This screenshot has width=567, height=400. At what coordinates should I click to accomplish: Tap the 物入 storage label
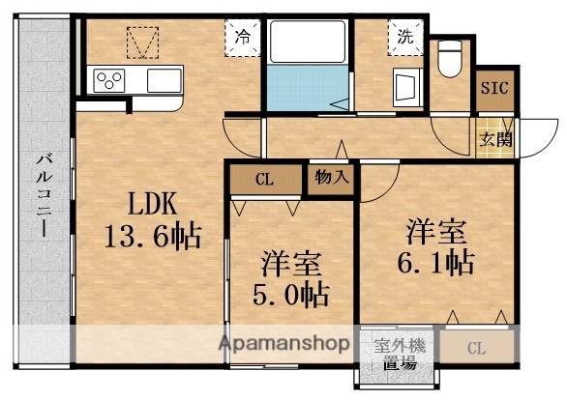coord(330,178)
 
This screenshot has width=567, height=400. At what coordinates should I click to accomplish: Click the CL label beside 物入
coord(264,178)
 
